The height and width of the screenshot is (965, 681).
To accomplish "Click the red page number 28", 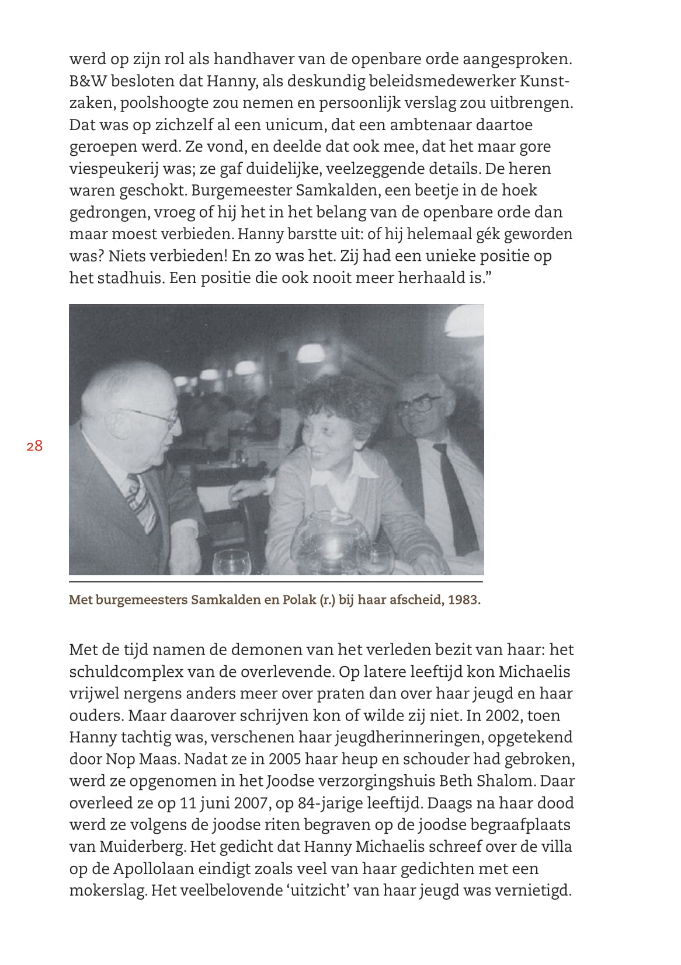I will pyautogui.click(x=34, y=446).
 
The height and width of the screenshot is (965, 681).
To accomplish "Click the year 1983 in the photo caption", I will pyautogui.click(x=464, y=600).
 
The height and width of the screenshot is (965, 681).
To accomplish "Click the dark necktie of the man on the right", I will pyautogui.click(x=455, y=496).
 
